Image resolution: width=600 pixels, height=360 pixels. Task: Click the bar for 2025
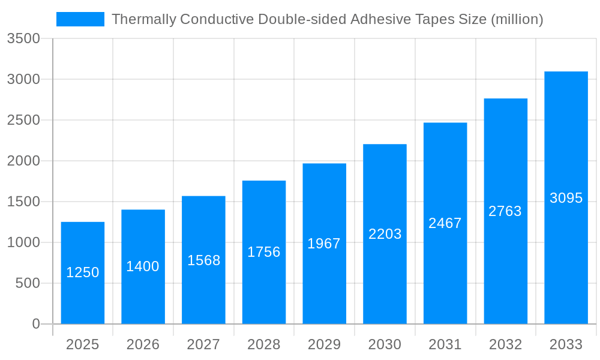tap(83, 300)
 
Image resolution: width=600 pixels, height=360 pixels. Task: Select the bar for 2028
tap(264, 288)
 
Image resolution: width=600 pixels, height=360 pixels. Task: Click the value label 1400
tap(143, 266)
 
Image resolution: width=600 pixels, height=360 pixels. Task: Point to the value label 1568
tap(204, 260)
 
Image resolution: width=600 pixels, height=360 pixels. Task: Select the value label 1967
tap(324, 244)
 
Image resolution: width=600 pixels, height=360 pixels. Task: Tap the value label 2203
tap(385, 234)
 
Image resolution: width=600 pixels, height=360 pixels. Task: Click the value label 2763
tap(505, 211)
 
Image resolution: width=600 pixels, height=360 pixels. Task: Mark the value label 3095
tap(566, 198)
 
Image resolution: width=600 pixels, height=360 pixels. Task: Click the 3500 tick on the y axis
tap(23, 39)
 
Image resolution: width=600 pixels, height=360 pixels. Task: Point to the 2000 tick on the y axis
tap(23, 161)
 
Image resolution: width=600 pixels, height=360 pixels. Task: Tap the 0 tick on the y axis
tap(36, 324)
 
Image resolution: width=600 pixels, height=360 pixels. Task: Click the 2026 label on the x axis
tap(143, 344)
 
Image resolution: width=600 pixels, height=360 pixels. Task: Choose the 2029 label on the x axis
tap(324, 344)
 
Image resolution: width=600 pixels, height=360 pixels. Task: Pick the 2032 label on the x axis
tap(505, 344)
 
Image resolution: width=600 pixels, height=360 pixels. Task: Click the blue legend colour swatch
tap(80, 19)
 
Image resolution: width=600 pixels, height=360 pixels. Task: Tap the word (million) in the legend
tap(517, 19)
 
